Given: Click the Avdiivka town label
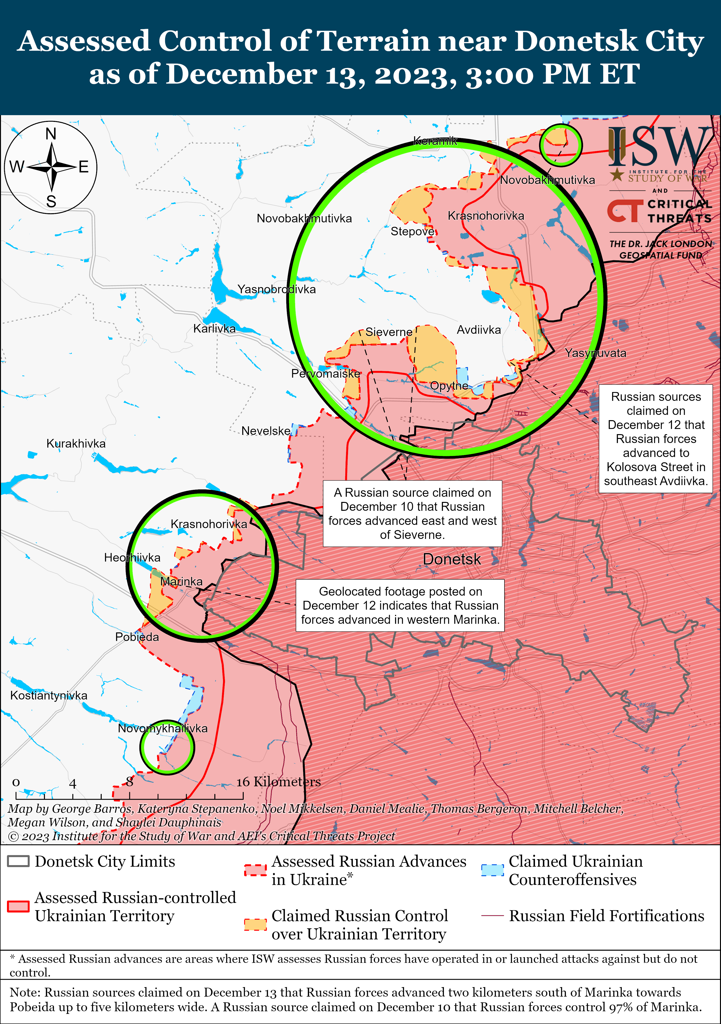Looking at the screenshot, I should (479, 330).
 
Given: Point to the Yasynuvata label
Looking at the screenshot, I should (595, 353).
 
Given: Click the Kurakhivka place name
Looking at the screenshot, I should (76, 444).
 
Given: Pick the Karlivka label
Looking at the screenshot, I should (214, 329).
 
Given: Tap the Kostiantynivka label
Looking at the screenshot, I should (49, 695).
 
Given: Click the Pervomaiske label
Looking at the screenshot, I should (325, 374).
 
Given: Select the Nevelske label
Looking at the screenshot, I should (266, 431).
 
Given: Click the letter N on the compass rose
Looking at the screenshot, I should (51, 134).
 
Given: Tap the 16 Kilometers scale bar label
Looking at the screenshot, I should (278, 782).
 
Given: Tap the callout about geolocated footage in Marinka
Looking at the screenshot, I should (400, 605).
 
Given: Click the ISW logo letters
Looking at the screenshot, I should (659, 147).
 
